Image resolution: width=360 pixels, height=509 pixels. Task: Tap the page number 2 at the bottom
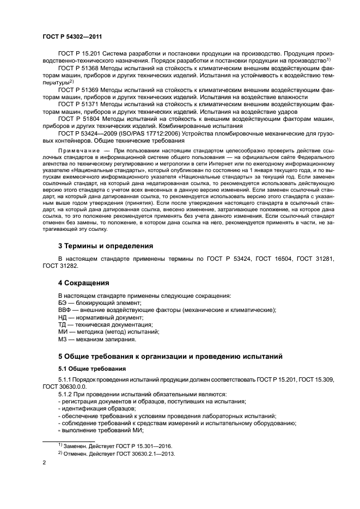tap(44, 462)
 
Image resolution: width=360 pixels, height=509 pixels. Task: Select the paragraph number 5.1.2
tap(67, 394)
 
